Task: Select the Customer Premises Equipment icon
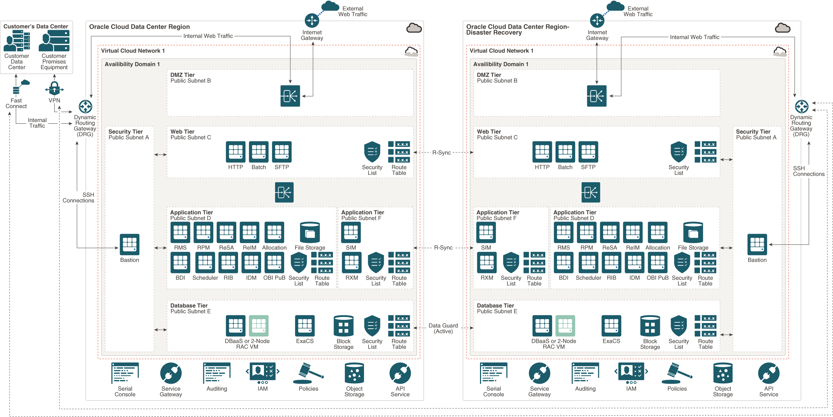[54, 41]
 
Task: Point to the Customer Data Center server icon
[17, 41]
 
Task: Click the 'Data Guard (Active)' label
[443, 328]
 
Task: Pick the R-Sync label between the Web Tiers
[441, 153]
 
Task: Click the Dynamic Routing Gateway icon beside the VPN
[85, 106]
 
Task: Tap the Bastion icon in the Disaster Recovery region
[757, 244]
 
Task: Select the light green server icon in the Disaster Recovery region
[565, 326]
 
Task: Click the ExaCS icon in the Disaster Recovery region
[611, 326]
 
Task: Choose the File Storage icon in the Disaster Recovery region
[693, 232]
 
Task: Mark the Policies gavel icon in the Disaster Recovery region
[677, 373]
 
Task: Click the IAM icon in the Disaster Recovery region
[631, 372]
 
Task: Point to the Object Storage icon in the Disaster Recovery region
[723, 373]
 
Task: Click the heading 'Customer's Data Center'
[36, 27]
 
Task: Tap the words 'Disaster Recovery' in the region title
[494, 33]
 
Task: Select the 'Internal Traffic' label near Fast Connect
[37, 123]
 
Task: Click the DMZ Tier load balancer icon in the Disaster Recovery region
[597, 96]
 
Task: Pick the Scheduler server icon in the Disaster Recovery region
[588, 263]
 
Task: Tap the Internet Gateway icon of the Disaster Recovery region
[597, 21]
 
